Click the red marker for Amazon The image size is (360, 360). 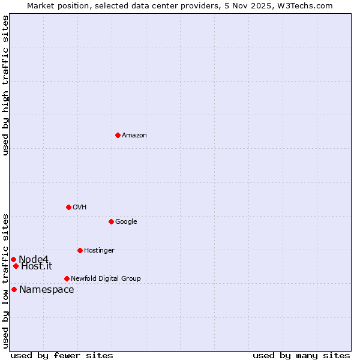point(118,135)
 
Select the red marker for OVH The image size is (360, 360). point(68,207)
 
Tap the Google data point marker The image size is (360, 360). point(111,221)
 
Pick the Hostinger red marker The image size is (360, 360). point(80,250)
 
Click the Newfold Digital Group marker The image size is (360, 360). point(67,278)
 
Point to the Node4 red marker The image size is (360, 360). point(13,259)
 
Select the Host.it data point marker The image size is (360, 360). point(16,266)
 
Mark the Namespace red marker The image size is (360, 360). point(14,289)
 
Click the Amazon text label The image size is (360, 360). point(134,136)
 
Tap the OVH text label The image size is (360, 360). point(80,208)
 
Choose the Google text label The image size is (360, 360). point(126,222)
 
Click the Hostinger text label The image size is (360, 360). point(99,251)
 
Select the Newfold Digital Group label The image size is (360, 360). point(106,279)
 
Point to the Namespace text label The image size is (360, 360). point(47,290)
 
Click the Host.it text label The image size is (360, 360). point(37,266)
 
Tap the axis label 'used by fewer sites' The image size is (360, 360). point(62,355)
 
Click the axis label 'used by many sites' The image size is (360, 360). point(301,355)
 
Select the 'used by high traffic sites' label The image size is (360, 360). point(5,85)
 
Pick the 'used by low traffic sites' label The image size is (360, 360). point(5,281)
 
